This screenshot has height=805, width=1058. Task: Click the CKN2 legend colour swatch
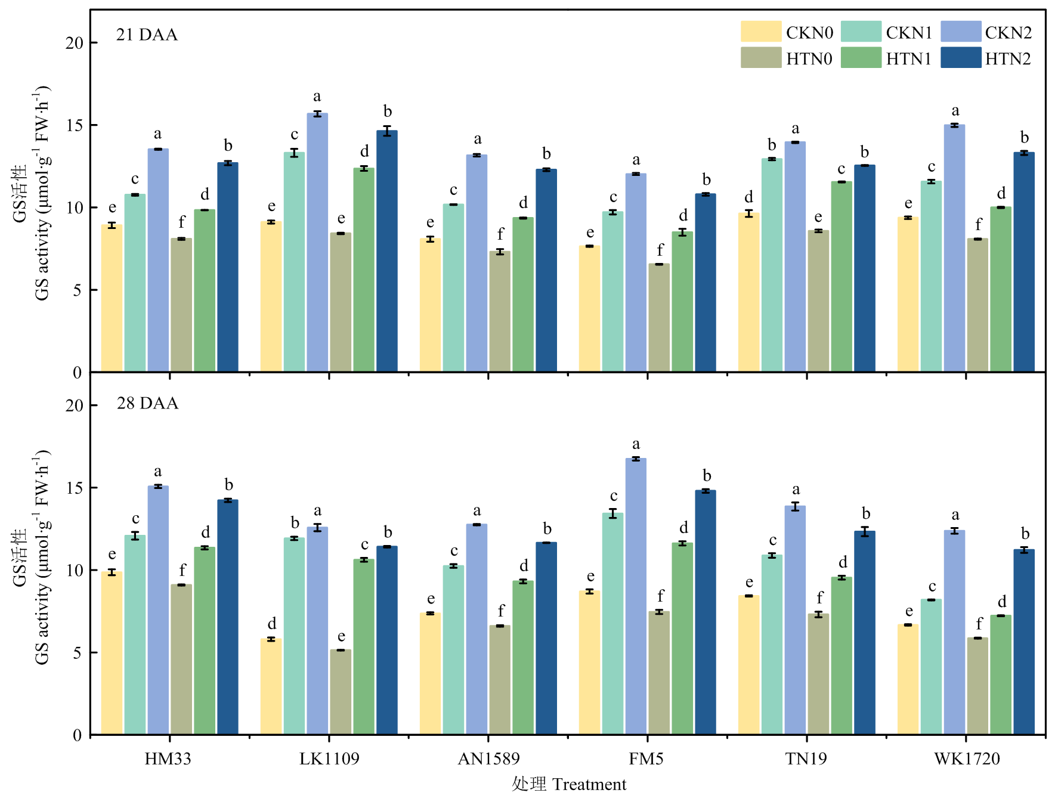960,32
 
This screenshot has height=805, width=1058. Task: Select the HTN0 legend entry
787,58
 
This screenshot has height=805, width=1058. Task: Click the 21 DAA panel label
147,35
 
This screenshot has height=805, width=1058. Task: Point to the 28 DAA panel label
147,403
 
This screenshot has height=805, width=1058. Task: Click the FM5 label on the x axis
646,758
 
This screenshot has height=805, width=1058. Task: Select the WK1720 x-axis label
966,758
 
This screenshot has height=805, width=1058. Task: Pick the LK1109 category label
329,758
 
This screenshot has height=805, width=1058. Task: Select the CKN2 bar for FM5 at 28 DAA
636,596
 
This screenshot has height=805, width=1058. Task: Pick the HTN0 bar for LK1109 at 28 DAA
341,692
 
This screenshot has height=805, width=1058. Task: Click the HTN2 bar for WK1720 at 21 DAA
1024,262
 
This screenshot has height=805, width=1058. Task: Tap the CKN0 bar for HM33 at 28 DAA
112,653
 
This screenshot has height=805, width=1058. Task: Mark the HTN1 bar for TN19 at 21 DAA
842,277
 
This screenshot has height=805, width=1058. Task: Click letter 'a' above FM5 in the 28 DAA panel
636,444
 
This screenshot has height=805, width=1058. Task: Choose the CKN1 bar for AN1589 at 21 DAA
453,288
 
